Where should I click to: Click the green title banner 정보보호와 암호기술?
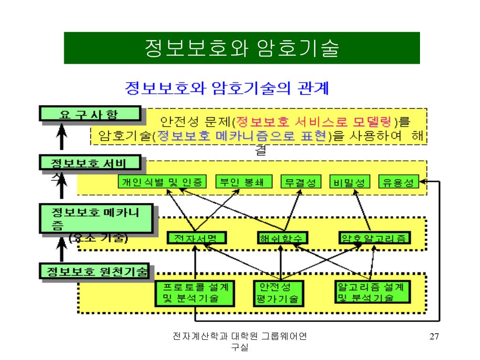241,48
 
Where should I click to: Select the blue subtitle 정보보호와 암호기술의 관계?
227,88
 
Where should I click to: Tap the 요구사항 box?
90,114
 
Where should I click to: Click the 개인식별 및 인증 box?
162,182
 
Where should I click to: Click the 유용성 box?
398,182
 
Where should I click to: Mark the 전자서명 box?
197,238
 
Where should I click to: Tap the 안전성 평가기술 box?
278,292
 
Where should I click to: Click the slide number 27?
434,337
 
